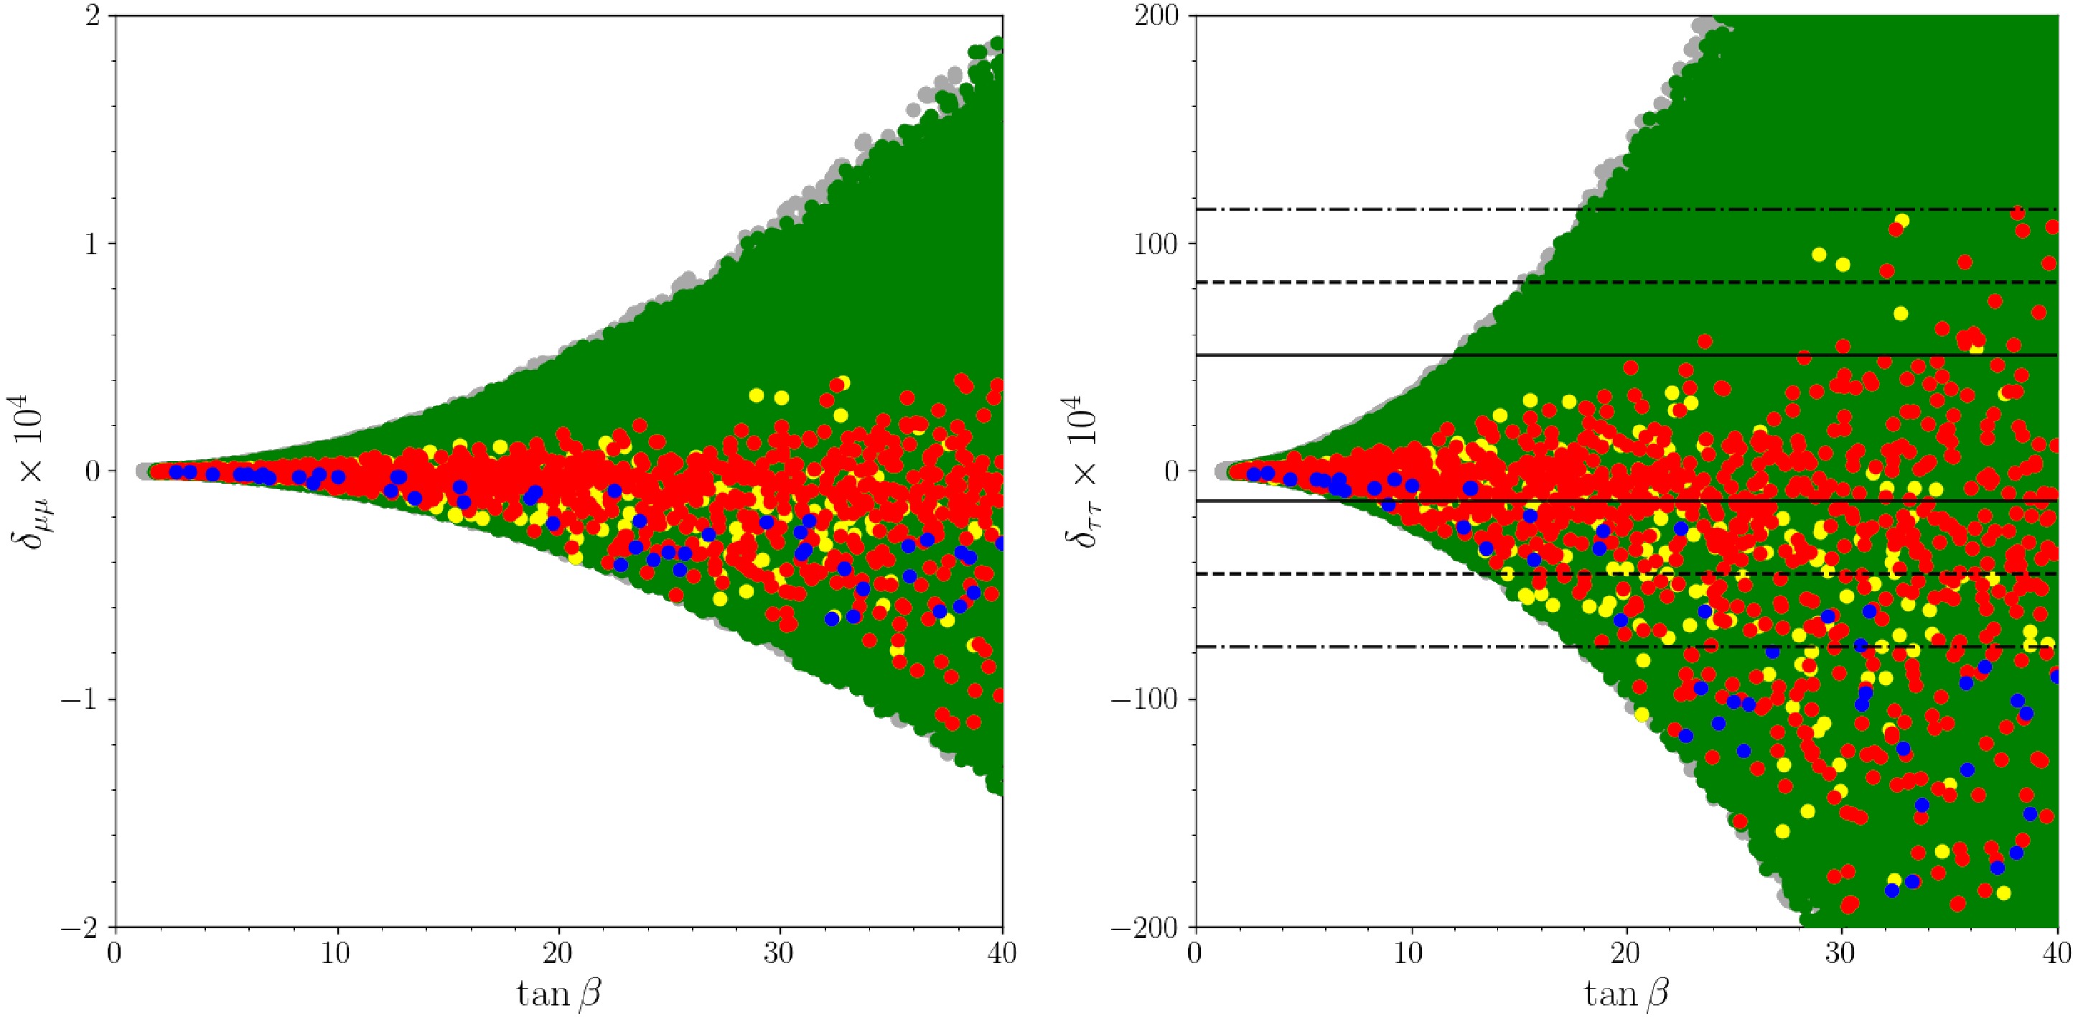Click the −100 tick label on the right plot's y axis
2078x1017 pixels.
coord(1146,699)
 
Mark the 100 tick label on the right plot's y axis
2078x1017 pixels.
coord(1157,243)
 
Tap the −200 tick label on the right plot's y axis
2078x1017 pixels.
coord(1146,927)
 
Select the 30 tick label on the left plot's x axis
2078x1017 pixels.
coord(780,953)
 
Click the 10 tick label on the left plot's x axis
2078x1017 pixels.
coord(337,953)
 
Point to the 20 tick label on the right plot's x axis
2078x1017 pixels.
coord(1627,953)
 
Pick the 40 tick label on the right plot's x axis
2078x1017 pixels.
coord(2057,953)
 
